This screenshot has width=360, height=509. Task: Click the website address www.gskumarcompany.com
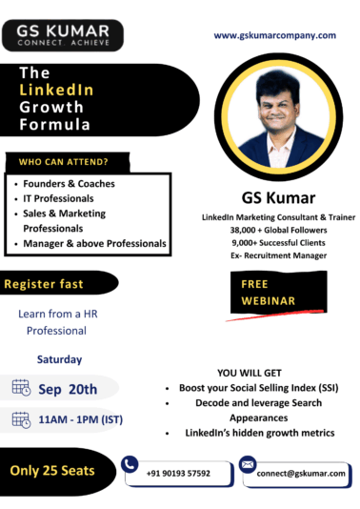tap(274, 35)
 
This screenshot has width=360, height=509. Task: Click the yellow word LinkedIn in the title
tap(57, 90)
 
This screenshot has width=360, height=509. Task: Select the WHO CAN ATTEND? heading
tap(58, 160)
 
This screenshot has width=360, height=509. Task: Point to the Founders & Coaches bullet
tap(69, 183)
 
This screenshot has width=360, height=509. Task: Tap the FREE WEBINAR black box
tap(264, 292)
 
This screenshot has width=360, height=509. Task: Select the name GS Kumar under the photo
tap(278, 199)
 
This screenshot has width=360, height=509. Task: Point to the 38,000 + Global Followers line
tap(278, 230)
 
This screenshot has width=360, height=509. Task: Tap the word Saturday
tap(59, 359)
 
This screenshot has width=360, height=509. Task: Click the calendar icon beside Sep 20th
tap(21, 387)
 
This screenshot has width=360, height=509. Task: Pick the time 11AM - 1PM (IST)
tap(80, 418)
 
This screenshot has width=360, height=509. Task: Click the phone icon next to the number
tap(130, 463)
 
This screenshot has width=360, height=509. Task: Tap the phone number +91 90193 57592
tap(178, 473)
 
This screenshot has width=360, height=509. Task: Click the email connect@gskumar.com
tap(306, 473)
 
